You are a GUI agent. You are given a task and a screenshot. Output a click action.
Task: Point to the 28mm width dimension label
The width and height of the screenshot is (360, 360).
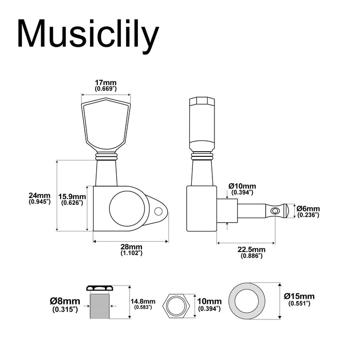point(132,250)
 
